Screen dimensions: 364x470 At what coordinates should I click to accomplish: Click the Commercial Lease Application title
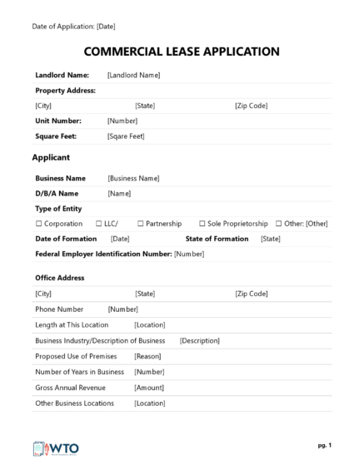click(182, 52)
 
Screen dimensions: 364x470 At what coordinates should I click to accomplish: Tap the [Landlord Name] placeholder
click(133, 75)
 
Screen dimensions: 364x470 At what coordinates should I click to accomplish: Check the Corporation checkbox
click(38, 224)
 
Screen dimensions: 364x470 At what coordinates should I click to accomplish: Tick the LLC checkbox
click(97, 224)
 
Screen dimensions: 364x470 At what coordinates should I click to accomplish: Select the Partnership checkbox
click(140, 224)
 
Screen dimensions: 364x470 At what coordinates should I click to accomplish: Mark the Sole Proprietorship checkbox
click(202, 224)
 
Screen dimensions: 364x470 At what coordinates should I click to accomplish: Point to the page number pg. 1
click(324, 445)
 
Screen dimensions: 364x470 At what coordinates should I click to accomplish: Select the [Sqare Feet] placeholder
click(126, 136)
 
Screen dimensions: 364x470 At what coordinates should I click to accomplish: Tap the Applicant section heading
click(51, 157)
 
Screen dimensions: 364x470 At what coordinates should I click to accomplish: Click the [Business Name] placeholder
click(133, 178)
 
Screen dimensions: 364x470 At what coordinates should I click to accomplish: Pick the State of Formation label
click(217, 239)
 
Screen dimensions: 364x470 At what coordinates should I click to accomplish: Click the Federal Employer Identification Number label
click(103, 254)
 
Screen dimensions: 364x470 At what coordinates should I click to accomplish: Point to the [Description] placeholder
click(199, 340)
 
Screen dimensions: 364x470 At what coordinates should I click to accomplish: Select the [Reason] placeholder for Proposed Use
click(147, 356)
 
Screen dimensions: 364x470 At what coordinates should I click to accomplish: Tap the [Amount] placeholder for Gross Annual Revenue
click(149, 387)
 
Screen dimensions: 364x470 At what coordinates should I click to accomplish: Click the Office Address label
click(59, 278)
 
